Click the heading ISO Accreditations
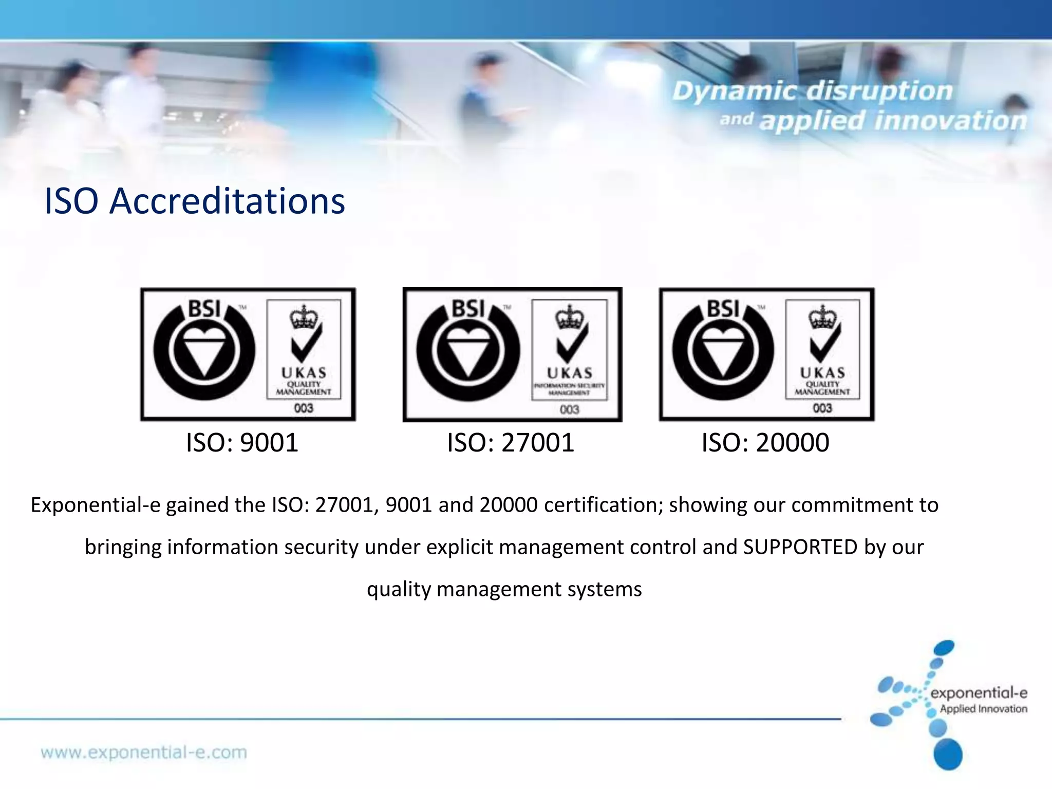[194, 201]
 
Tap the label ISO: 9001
[242, 443]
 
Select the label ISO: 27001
[510, 443]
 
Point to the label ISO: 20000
[765, 443]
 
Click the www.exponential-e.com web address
[144, 753]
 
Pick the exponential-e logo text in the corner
[979, 693]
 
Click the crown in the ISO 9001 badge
[304, 317]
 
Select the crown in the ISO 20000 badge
[822, 317]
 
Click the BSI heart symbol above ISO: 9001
[204, 350]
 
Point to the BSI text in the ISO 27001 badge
[468, 309]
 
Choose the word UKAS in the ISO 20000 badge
[822, 372]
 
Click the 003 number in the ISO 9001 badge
[304, 408]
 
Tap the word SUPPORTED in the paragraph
[800, 547]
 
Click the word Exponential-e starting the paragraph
[95, 505]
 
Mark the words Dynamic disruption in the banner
[812, 91]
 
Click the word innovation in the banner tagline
[950, 121]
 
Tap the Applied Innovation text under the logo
[983, 709]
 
